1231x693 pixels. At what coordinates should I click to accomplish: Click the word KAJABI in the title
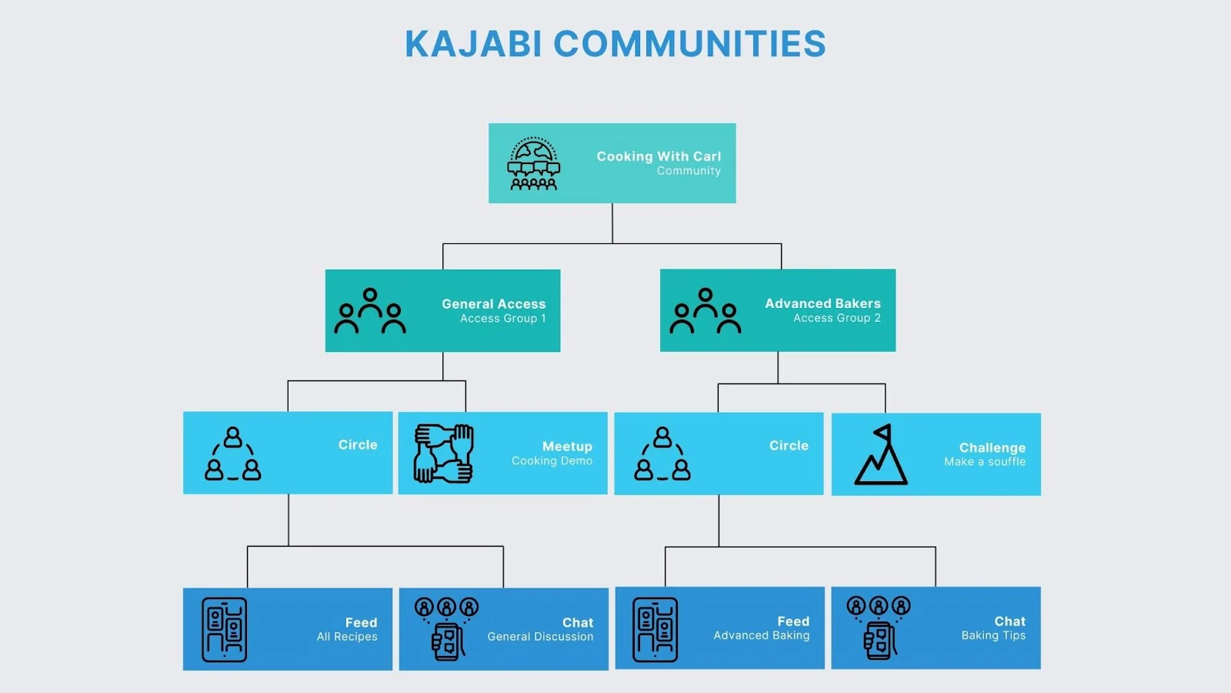(x=473, y=44)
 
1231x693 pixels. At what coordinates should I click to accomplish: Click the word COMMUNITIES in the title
(x=689, y=44)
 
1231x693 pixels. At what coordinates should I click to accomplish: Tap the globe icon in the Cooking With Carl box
(x=533, y=164)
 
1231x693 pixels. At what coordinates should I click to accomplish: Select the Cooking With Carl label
(x=659, y=156)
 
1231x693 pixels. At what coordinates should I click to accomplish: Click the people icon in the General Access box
(x=370, y=311)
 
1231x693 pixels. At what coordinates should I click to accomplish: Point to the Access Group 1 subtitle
(x=502, y=319)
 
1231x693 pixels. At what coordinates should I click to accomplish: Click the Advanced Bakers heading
(x=822, y=303)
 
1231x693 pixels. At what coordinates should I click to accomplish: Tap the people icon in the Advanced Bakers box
(x=706, y=311)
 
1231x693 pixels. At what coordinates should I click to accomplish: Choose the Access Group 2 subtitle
(x=837, y=318)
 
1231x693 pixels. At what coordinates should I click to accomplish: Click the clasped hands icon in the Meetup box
(x=444, y=454)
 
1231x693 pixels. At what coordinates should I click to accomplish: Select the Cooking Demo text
(x=552, y=461)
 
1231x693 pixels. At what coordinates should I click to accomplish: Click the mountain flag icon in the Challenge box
(x=881, y=455)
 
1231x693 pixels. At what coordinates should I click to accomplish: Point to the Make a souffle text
(x=985, y=462)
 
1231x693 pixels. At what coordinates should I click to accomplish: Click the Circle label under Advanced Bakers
(x=789, y=446)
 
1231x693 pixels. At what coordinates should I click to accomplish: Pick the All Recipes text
(x=347, y=637)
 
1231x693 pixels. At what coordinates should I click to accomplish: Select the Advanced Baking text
(x=761, y=635)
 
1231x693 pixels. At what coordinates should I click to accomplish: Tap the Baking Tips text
(x=993, y=635)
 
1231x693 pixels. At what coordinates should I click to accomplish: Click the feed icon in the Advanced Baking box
(x=655, y=629)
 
